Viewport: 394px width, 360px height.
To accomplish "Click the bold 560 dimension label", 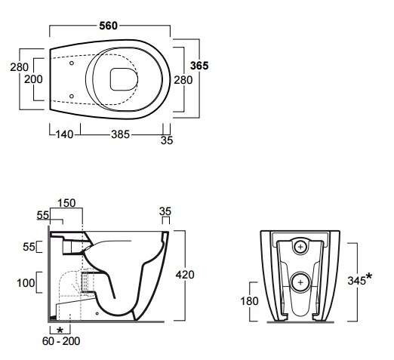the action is pyautogui.click(x=108, y=26).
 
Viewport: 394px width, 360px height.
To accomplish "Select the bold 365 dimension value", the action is pyautogui.click(x=199, y=66).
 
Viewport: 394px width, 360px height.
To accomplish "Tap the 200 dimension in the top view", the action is pyautogui.click(x=33, y=79).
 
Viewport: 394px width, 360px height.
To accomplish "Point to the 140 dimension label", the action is pyautogui.click(x=64, y=134).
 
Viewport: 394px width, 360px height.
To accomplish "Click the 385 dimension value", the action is pyautogui.click(x=120, y=134).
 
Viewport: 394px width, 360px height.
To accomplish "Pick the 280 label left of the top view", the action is pyautogui.click(x=19, y=67).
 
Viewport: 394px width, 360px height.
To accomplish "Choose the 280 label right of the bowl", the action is pyautogui.click(x=183, y=80).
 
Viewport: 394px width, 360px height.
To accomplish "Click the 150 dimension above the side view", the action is pyautogui.click(x=66, y=203).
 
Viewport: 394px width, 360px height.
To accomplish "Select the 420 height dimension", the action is pyautogui.click(x=185, y=275).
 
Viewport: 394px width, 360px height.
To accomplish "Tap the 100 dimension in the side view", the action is pyautogui.click(x=26, y=283).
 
